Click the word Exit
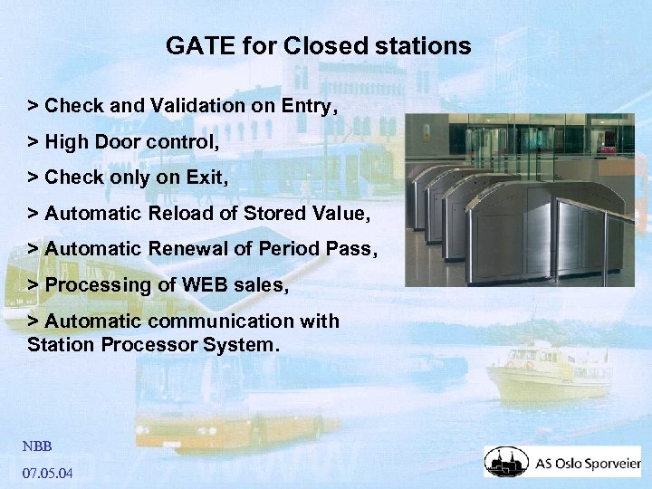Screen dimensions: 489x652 tap(208, 177)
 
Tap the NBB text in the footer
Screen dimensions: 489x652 tap(37, 446)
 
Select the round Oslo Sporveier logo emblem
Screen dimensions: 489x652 tap(503, 463)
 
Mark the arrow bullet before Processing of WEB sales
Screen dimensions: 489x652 tap(33, 286)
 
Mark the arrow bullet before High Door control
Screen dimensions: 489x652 tap(33, 143)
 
